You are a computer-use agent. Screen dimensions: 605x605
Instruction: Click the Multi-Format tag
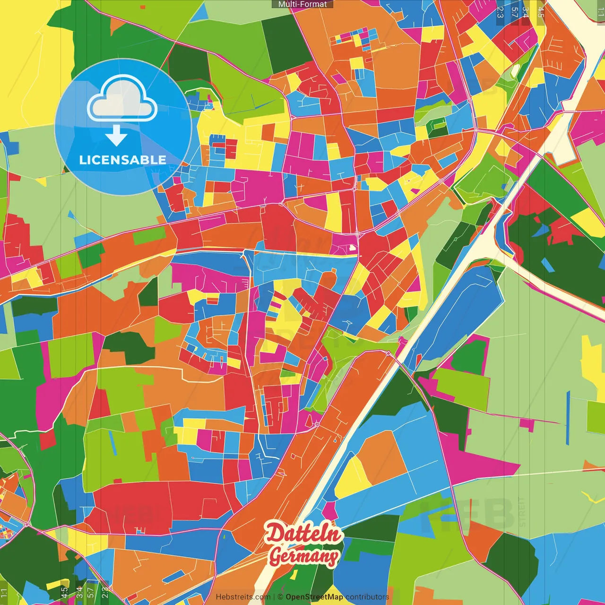(302, 4)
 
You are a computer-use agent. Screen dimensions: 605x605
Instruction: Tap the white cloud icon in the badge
(122, 101)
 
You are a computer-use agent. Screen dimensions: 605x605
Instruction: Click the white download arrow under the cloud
(116, 136)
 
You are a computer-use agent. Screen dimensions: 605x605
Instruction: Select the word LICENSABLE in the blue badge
(122, 160)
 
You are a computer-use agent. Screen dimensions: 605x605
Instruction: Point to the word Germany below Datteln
(304, 556)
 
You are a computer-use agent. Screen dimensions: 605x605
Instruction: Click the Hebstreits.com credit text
(243, 597)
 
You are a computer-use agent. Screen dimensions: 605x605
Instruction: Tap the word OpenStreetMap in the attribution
(314, 597)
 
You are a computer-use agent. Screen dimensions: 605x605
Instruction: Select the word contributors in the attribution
(367, 597)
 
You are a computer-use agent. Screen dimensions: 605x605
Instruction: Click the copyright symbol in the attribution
(280, 597)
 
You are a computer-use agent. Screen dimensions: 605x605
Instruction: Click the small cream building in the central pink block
(352, 247)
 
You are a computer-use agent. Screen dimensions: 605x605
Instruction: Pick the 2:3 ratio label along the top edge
(500, 12)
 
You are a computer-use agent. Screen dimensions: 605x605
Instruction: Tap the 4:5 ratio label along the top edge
(541, 12)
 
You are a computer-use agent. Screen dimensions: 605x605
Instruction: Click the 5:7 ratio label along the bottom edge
(91, 592)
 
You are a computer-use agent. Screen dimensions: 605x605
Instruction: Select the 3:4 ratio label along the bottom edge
(79, 592)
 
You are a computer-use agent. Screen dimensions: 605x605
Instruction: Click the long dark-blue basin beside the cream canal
(461, 312)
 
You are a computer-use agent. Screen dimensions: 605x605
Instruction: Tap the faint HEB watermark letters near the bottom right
(473, 513)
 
